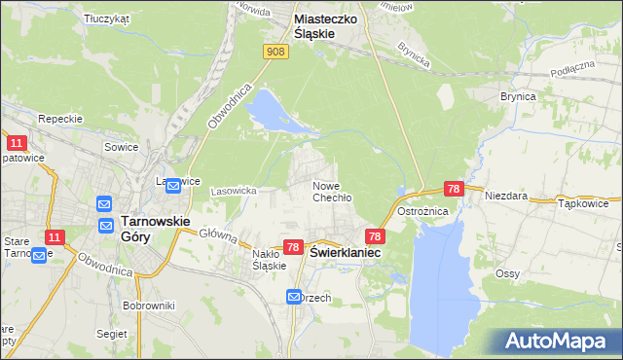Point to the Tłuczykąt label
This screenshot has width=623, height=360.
(107, 18)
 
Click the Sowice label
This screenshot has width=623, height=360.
(122, 146)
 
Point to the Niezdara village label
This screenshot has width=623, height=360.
(508, 196)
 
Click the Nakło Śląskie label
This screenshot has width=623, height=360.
(268, 260)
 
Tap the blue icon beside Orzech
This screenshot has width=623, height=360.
(294, 296)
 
